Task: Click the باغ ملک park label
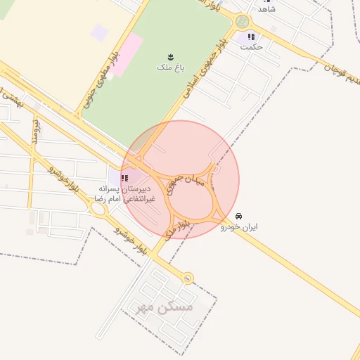click(x=169, y=68)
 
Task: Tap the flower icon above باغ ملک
click(x=170, y=56)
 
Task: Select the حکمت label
click(x=251, y=48)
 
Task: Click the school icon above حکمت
click(x=251, y=37)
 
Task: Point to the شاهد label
click(x=266, y=9)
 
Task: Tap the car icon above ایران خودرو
click(x=239, y=215)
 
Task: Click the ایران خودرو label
click(x=239, y=227)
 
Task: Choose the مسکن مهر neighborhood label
click(x=167, y=308)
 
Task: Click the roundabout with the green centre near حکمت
click(x=243, y=21)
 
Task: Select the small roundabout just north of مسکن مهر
click(x=187, y=278)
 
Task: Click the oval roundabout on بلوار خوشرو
click(x=98, y=207)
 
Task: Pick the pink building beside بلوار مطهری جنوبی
click(x=125, y=55)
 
